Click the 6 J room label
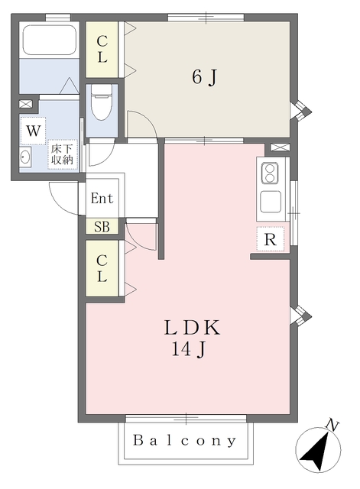(x=204, y=76)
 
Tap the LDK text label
(x=192, y=328)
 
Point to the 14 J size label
(x=189, y=349)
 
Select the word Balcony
(x=185, y=441)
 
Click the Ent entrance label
(x=102, y=198)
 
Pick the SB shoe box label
(x=102, y=227)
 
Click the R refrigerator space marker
(x=270, y=239)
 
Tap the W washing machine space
(x=33, y=131)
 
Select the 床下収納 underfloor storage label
(x=62, y=154)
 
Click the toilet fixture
(x=102, y=102)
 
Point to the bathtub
(x=49, y=40)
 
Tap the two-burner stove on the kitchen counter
(x=270, y=173)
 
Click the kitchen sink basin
(x=270, y=202)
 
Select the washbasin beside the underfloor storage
(x=25, y=157)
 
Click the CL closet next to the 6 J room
(x=102, y=49)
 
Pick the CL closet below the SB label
(x=102, y=268)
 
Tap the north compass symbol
(x=318, y=450)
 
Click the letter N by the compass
(x=332, y=425)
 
